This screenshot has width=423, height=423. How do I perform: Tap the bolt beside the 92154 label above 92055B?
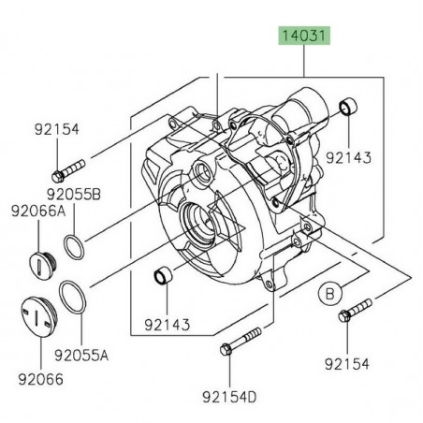(x=70, y=169)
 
